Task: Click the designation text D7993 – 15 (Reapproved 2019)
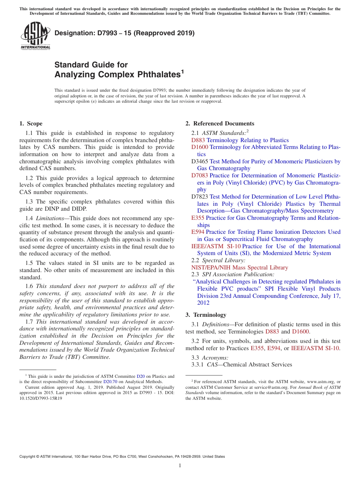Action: pyautogui.click(x=124, y=33)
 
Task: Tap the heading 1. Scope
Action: pyautogui.click(x=31, y=124)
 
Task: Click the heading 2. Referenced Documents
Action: pyautogui.click(x=219, y=124)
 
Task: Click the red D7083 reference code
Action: pyautogui.click(x=199, y=175)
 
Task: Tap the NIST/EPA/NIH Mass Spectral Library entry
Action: pyautogui.click(x=239, y=268)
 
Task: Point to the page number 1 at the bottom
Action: pyautogui.click(x=180, y=465)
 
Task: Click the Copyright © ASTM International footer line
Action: pyautogui.click(x=122, y=457)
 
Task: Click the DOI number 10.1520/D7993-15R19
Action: pyautogui.click(x=41, y=398)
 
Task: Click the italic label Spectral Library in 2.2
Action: pyautogui.click(x=224, y=260)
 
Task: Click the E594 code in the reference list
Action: pyautogui.click(x=198, y=232)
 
